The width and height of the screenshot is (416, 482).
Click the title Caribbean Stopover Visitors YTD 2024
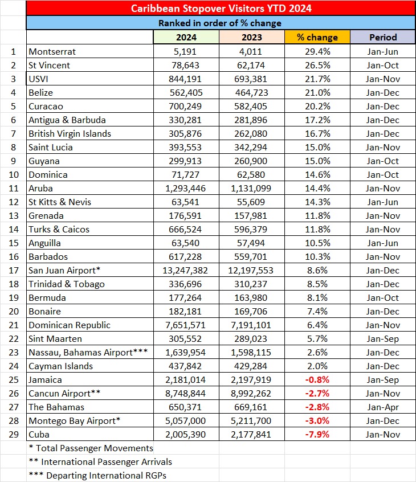221,9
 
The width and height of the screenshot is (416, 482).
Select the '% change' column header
317,38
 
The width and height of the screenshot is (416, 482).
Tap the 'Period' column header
383,38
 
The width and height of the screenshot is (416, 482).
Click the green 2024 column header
186,38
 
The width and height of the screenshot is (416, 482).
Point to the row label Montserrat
52,51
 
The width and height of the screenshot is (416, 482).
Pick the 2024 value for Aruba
186,188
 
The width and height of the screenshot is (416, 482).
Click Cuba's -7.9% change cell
317,434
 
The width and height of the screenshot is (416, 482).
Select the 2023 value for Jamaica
252,379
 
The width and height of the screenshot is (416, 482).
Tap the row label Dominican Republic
70,325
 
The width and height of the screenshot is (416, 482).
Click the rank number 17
13,270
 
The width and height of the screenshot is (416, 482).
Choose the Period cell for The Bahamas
383,407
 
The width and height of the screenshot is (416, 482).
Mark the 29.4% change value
317,51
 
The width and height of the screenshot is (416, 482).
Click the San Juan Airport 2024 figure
186,270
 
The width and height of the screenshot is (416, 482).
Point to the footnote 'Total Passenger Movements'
91,448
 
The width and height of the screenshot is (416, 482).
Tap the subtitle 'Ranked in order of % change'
220,23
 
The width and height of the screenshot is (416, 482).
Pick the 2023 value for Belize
252,92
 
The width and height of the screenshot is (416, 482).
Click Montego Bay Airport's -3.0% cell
317,420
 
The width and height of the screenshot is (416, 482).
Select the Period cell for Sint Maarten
383,338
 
